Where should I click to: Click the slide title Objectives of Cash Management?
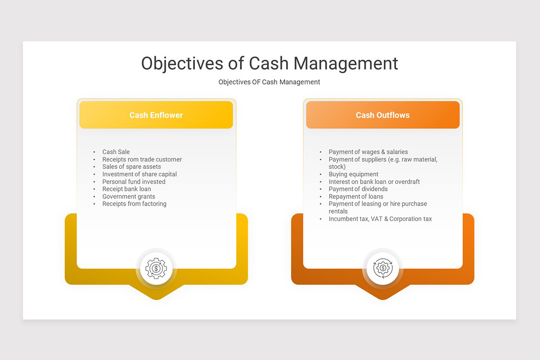point(270,63)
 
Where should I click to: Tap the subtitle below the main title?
point(269,82)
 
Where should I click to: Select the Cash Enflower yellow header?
point(156,115)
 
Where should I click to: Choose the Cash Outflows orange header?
point(382,115)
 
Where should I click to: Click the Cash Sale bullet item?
point(116,152)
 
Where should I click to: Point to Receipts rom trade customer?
point(142,159)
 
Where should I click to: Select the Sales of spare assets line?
point(131,167)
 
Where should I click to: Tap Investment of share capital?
point(139,174)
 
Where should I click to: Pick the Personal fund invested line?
point(134,182)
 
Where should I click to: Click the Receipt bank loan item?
point(126,189)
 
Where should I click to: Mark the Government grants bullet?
point(129,197)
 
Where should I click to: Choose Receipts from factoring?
point(134,204)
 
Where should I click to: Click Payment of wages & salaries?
point(368,152)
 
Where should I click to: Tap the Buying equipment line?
point(353,174)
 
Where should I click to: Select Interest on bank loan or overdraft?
point(374,182)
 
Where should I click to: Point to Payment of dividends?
point(358,189)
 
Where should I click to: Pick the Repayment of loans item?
point(356,197)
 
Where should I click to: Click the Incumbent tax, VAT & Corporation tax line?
point(380,219)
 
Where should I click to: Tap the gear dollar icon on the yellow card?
point(156,269)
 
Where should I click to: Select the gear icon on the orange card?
point(382,269)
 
